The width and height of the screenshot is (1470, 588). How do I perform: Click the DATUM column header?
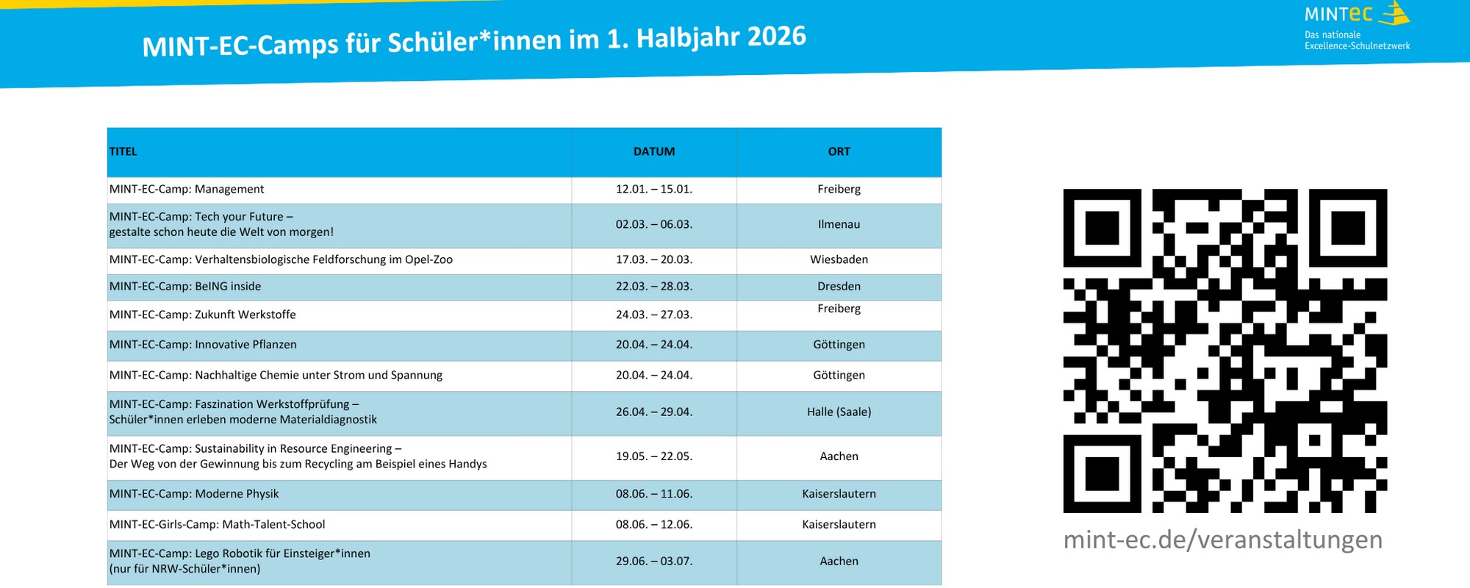(x=653, y=151)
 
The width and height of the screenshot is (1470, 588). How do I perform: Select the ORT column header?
(x=839, y=151)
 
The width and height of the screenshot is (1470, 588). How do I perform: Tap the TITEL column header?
(x=123, y=151)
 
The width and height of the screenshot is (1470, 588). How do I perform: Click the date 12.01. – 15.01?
(x=653, y=189)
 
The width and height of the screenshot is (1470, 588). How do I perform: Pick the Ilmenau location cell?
(x=839, y=224)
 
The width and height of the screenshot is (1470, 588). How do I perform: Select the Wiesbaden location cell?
(x=839, y=259)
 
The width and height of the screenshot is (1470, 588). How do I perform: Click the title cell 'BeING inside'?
(x=185, y=287)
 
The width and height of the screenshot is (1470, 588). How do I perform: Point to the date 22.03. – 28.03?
(x=653, y=287)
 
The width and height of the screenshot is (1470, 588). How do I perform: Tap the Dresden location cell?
(x=839, y=287)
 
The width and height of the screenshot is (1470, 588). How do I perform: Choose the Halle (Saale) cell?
(x=839, y=412)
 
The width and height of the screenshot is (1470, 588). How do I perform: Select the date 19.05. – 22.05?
(x=653, y=456)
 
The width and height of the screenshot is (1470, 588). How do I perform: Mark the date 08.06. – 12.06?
(x=653, y=525)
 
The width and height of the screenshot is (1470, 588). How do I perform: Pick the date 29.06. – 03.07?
(x=653, y=562)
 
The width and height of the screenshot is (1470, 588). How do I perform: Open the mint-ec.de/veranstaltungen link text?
(x=1222, y=539)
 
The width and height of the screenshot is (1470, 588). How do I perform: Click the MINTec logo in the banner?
(x=1356, y=26)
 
